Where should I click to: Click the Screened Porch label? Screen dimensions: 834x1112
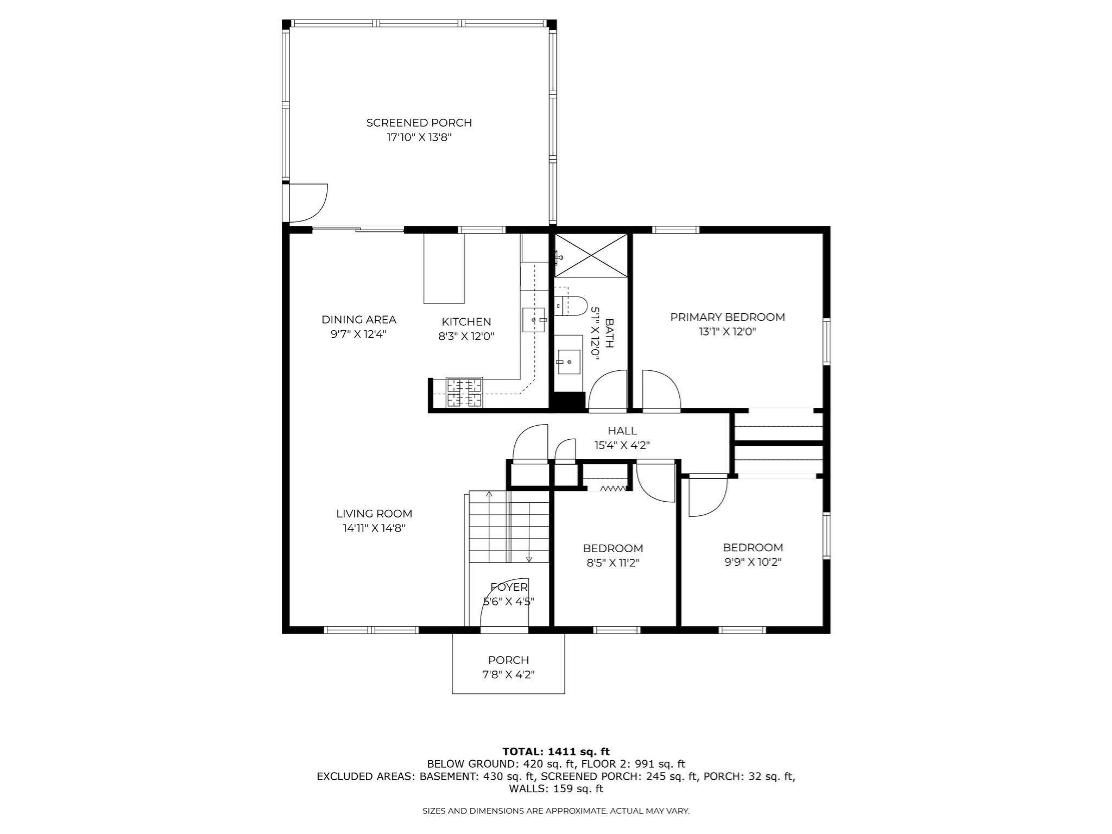[x=419, y=123]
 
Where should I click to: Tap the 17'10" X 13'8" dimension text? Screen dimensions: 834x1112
[x=419, y=137]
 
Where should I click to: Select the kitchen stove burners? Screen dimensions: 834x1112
[x=464, y=393]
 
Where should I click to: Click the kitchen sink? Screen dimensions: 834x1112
[x=533, y=320]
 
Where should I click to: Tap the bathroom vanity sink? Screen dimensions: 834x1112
[x=568, y=362]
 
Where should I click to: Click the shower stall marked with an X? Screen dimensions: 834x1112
[x=591, y=255]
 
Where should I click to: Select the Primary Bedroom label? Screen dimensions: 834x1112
[x=727, y=317]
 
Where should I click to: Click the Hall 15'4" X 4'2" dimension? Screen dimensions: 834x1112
[x=622, y=445]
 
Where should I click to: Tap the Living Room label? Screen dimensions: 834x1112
[x=374, y=514]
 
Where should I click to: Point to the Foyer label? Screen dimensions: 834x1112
[x=509, y=587]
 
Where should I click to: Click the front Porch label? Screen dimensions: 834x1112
[x=508, y=660]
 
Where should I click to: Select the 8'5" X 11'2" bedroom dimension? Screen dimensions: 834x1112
[x=612, y=563]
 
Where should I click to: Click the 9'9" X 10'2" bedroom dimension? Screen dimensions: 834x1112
[x=753, y=562]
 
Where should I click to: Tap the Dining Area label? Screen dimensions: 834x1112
[x=358, y=320]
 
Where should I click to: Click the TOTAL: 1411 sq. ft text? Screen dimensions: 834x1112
[x=555, y=752]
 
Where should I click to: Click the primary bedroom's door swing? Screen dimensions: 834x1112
[x=660, y=390]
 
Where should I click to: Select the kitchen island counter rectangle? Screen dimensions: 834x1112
[x=444, y=268]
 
